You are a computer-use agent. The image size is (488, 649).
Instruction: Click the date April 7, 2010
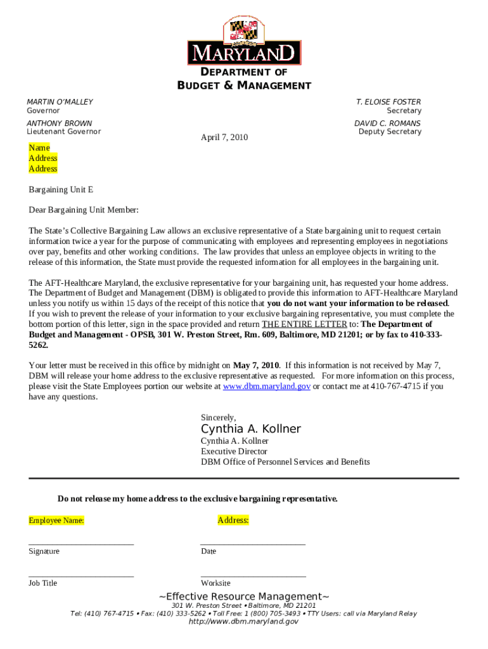pyautogui.click(x=224, y=138)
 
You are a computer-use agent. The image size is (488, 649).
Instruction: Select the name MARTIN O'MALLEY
pyautogui.click(x=60, y=102)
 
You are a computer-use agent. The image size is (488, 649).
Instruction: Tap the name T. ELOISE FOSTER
pyautogui.click(x=388, y=102)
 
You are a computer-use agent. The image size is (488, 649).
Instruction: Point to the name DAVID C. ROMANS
pyautogui.click(x=387, y=124)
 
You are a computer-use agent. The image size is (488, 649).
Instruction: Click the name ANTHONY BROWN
pyautogui.click(x=59, y=124)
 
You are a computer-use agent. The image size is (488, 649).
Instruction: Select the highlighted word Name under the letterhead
pyautogui.click(x=39, y=148)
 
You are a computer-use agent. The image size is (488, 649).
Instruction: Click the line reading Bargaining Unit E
pyautogui.click(x=61, y=190)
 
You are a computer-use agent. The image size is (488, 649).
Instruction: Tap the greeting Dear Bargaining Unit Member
pyautogui.click(x=83, y=210)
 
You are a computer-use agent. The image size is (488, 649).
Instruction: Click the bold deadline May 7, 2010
pyautogui.click(x=256, y=365)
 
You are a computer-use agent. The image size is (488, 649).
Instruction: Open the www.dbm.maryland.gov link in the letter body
pyautogui.click(x=266, y=386)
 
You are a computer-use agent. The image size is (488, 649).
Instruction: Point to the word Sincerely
pyautogui.click(x=218, y=418)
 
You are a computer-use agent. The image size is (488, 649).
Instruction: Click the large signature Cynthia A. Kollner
pyautogui.click(x=250, y=429)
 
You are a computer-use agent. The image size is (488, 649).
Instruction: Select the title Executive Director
pyautogui.click(x=231, y=451)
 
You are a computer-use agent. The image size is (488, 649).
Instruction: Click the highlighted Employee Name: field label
pyautogui.click(x=56, y=520)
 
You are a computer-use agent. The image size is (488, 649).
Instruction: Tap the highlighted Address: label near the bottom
pyautogui.click(x=233, y=520)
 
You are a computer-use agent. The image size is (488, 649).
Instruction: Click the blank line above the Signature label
pyautogui.click(x=81, y=543)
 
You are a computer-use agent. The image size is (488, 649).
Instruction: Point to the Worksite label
pyautogui.click(x=215, y=583)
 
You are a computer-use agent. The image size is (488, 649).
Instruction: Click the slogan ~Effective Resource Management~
pyautogui.click(x=243, y=596)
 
